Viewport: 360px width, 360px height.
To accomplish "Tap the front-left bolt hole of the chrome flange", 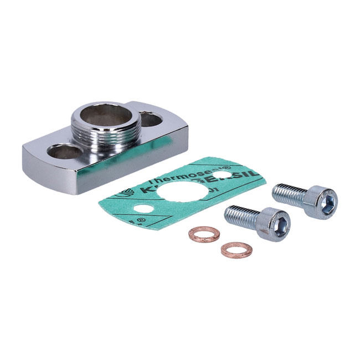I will (x=65, y=151).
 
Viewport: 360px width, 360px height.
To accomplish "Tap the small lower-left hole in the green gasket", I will (x=145, y=209).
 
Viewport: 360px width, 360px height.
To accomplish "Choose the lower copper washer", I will (x=236, y=250).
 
